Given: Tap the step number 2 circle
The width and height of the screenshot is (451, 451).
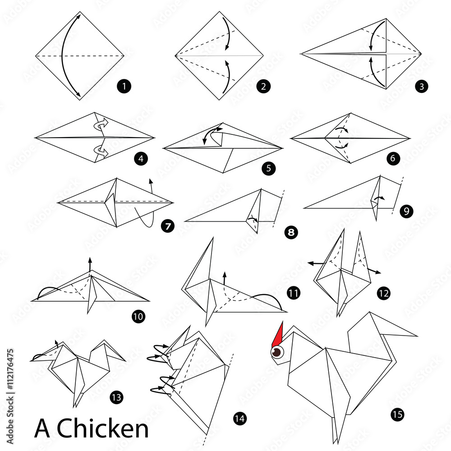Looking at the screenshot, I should [x=263, y=86].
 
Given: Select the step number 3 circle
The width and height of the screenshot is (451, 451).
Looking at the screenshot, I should [x=421, y=86].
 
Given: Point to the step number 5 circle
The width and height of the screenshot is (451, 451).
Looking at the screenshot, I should [x=268, y=169].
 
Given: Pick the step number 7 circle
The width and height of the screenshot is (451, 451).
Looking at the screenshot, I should [x=168, y=226].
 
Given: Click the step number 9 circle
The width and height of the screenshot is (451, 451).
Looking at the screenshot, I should [x=406, y=211].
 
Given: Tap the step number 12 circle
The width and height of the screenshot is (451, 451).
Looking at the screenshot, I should [x=384, y=294].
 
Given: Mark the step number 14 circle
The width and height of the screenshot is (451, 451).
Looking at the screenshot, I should [x=239, y=419].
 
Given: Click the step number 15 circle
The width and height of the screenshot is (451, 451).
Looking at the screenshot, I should [x=397, y=415].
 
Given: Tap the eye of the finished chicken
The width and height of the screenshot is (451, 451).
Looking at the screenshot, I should [x=276, y=352].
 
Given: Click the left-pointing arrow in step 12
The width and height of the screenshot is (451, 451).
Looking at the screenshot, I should [x=316, y=262].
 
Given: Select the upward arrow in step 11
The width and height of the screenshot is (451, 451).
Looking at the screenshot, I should [x=224, y=279].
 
